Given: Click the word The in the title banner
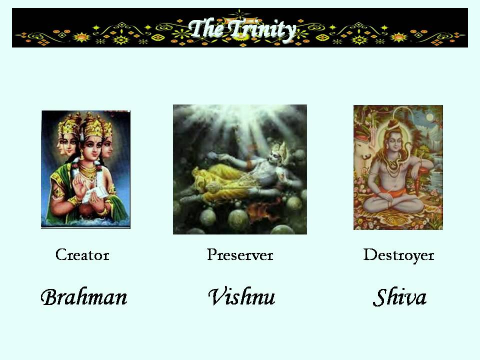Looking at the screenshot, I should (x=206, y=28).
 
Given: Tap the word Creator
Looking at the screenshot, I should (x=82, y=255).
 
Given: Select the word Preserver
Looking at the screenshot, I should (x=240, y=255).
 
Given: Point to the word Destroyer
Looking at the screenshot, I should (x=398, y=255).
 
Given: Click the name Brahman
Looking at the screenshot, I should (x=83, y=297).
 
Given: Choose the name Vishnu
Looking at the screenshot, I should (x=241, y=297).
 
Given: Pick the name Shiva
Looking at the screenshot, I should (x=399, y=297).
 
